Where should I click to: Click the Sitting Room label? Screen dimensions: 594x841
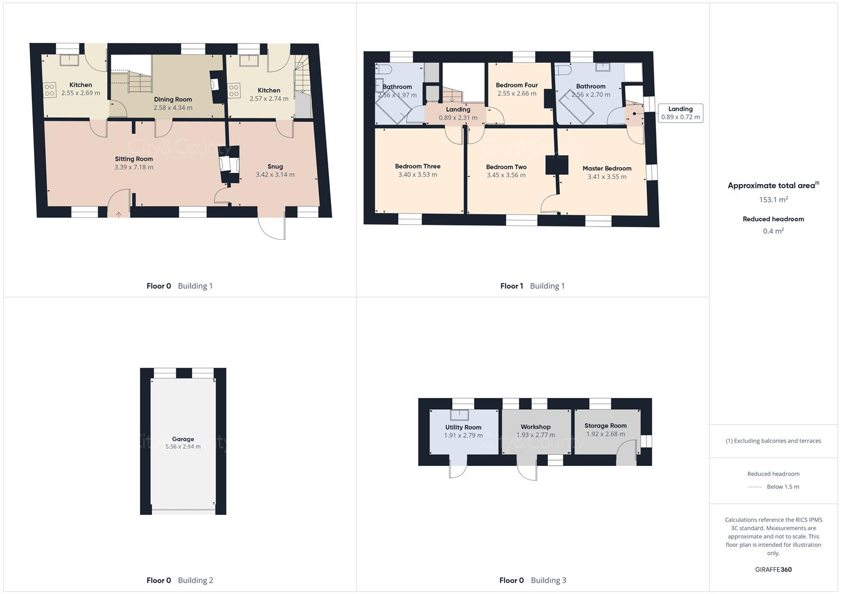(134, 159)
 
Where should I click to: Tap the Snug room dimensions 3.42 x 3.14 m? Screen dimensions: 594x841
(275, 175)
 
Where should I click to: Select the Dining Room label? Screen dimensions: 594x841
(173, 100)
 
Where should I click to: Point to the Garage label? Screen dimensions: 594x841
(183, 439)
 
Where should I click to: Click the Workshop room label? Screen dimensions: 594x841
(535, 427)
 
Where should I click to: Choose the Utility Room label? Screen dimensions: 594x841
(463, 427)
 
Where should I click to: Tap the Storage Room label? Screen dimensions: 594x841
(605, 426)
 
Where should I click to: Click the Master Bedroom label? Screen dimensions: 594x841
(607, 168)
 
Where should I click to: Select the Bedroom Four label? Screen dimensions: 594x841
(517, 85)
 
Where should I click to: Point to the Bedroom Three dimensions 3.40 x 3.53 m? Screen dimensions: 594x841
(417, 175)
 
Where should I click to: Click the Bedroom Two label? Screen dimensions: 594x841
(506, 167)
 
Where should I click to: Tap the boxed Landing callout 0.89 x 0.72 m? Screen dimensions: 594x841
(681, 113)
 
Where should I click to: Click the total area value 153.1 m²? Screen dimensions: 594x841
(773, 200)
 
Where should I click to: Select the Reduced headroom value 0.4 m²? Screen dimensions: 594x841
(773, 231)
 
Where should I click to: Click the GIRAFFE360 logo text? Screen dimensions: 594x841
(773, 570)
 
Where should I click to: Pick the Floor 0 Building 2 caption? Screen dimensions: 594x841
(180, 580)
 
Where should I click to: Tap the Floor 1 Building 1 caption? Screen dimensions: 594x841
(532, 286)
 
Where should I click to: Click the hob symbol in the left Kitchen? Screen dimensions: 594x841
(50, 90)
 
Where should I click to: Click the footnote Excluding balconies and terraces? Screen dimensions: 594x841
(773, 441)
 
